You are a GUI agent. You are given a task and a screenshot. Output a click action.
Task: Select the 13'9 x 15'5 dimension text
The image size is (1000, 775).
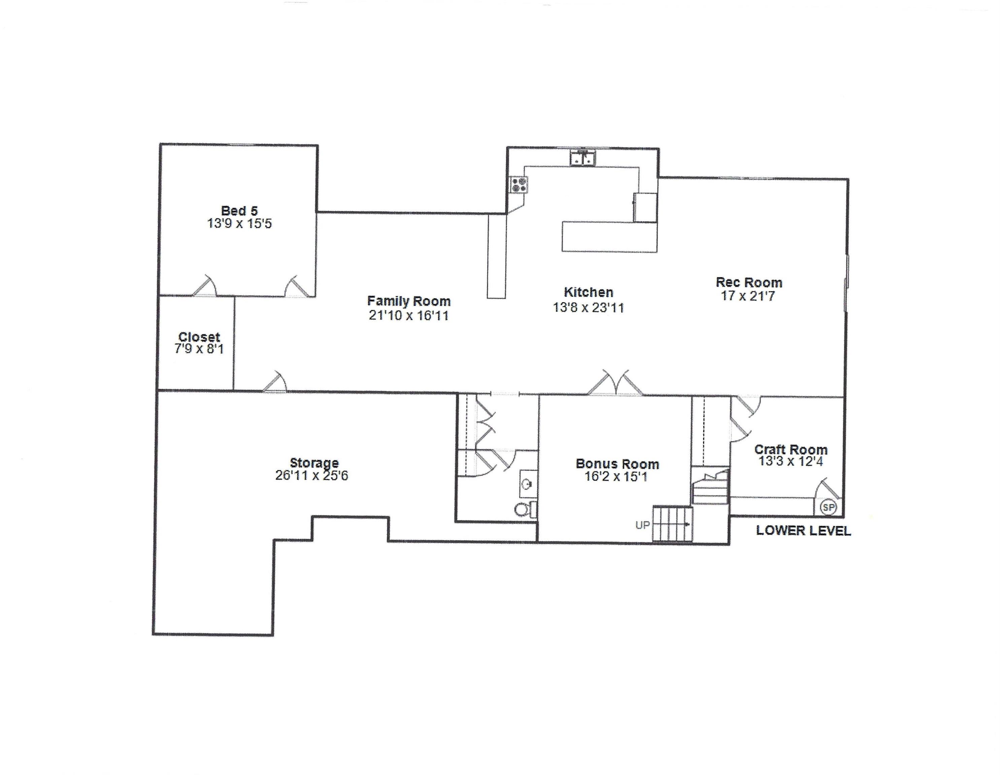(239, 224)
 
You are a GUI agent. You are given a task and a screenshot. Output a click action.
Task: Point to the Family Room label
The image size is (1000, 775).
(408, 301)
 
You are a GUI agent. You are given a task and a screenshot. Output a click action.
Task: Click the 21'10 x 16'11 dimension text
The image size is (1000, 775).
(408, 315)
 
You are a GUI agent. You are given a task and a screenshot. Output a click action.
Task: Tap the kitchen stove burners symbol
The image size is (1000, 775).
(519, 184)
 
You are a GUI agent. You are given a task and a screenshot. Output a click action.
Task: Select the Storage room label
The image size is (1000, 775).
(314, 463)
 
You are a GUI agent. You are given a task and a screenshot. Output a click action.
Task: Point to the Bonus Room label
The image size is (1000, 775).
(617, 464)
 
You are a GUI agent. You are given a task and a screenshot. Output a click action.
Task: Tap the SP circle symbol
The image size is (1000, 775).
(828, 507)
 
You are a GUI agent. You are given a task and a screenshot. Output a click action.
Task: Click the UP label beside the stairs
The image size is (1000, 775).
(642, 525)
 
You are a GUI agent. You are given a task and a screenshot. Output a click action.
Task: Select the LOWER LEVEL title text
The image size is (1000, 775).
(803, 531)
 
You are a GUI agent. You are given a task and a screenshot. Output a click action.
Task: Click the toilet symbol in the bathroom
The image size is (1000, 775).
(523, 509)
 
